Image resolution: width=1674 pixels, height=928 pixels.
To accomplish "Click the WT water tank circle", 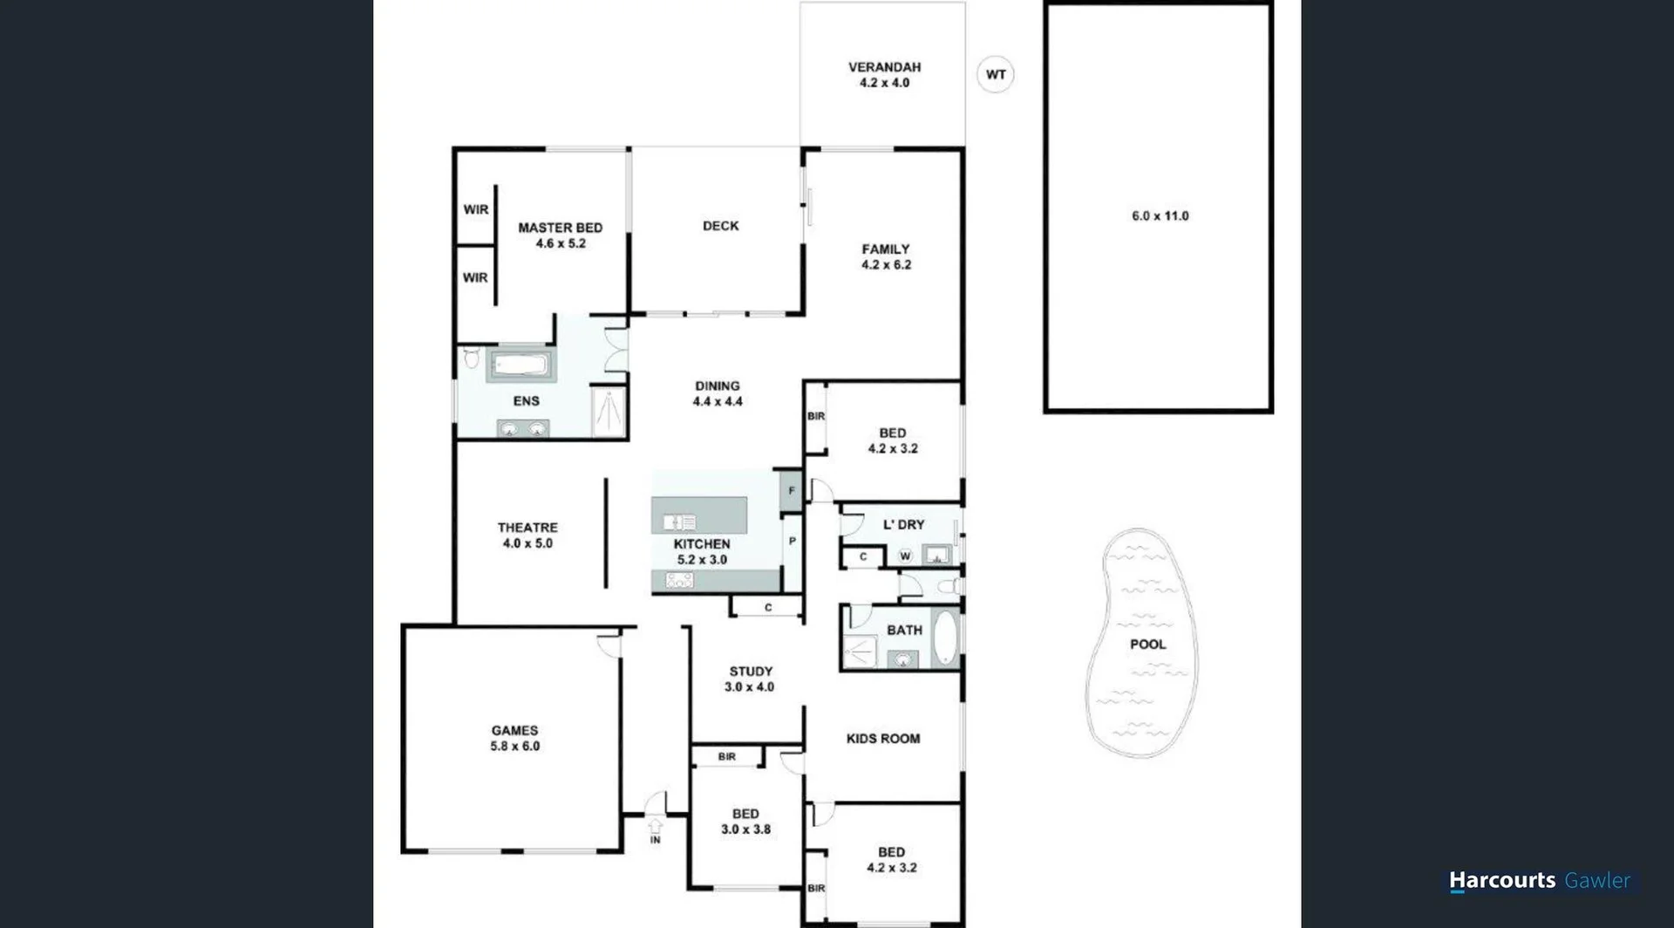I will click(x=995, y=74).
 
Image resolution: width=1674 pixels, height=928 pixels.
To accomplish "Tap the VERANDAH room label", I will click(x=884, y=74).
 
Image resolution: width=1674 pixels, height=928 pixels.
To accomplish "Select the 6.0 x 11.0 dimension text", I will click(x=1160, y=215).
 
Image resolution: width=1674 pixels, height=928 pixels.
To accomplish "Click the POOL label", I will click(x=1147, y=644).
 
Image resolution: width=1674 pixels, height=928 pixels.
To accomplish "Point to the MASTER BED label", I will click(x=560, y=235).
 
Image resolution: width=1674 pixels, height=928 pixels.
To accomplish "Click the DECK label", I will click(x=720, y=226).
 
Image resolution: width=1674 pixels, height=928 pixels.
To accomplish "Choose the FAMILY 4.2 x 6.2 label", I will click(x=886, y=256).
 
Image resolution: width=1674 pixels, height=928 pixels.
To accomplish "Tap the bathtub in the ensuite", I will click(x=521, y=365).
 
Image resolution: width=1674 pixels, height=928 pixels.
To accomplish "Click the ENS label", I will click(x=526, y=401).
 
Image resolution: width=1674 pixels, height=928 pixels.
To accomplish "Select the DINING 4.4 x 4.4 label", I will click(x=718, y=393).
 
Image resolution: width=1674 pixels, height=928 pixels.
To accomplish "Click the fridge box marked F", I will click(x=791, y=491).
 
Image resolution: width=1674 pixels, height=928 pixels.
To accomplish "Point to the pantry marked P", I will click(x=792, y=542).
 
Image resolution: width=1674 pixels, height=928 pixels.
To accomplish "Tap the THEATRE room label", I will click(x=527, y=535).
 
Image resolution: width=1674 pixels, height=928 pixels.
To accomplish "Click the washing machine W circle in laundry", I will click(x=905, y=556).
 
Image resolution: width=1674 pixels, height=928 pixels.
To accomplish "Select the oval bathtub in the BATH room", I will click(x=944, y=638).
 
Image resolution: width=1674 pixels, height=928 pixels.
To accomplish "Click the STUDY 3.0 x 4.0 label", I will click(x=750, y=679).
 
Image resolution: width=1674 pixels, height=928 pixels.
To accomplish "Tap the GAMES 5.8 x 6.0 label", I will click(x=514, y=738).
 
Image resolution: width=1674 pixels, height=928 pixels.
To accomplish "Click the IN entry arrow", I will click(x=655, y=829).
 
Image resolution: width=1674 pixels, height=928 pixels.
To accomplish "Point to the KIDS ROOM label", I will click(x=882, y=739).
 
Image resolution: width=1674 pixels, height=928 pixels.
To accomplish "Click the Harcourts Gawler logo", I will click(x=1539, y=881).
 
